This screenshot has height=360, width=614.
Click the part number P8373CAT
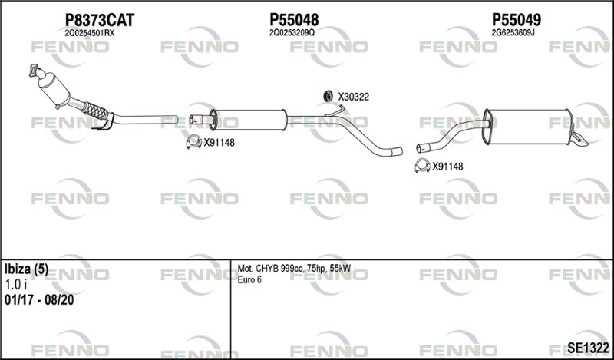100,20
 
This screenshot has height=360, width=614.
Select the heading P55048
294,20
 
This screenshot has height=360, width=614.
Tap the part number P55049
517,20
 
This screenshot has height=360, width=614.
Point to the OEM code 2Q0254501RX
90,33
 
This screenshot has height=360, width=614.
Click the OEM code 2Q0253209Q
292,33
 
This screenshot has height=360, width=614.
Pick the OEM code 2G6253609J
513,33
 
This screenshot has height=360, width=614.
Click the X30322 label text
354,97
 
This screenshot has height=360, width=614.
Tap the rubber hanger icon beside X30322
328,96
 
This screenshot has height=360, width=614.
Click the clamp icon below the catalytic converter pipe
194,142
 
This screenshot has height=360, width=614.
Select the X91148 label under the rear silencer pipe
447,167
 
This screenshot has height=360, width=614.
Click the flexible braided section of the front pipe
95,111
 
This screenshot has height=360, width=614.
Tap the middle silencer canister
249,120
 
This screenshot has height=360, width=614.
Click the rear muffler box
528,127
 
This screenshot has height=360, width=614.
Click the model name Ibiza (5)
26,269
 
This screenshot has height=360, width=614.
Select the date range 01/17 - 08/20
39,300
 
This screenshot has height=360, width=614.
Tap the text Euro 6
249,279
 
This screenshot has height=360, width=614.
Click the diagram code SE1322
588,348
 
